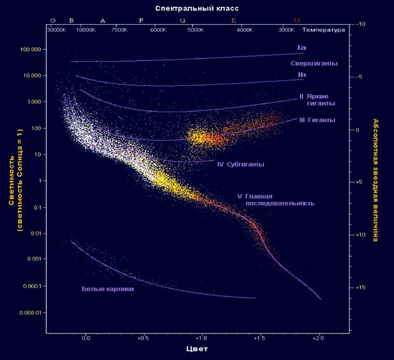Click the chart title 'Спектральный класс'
point(197,9)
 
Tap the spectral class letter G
point(183,21)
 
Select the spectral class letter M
point(297,21)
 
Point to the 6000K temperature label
point(159,30)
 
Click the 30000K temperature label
point(56,30)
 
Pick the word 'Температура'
point(324,30)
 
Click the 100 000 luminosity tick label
point(31,50)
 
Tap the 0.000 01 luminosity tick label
point(30,313)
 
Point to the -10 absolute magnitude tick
point(361,24)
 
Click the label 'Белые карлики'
point(108,289)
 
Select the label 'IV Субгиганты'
point(240,164)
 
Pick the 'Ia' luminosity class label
point(302,48)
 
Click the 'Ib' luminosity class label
point(302,75)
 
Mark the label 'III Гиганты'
point(317,120)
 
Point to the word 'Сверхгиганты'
point(314,64)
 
